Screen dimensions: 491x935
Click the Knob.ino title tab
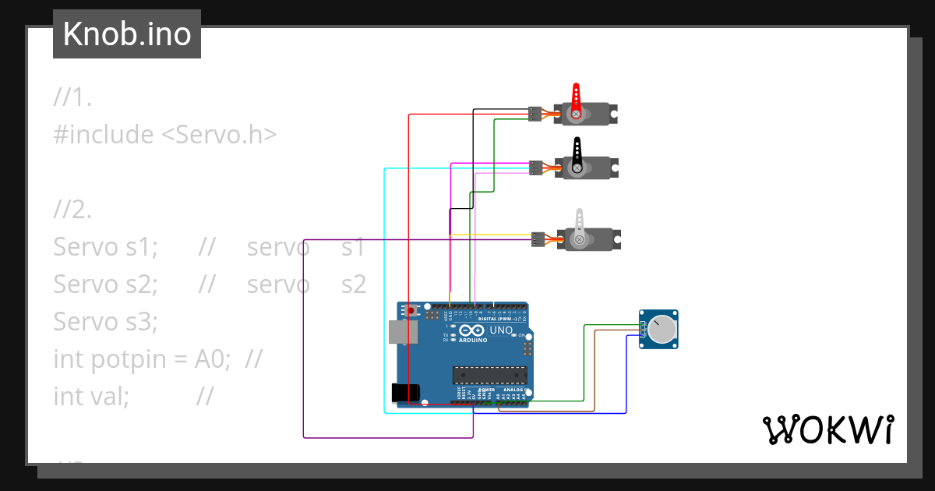click(x=127, y=34)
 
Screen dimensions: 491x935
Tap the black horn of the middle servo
click(x=577, y=150)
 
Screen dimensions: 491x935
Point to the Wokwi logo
click(x=827, y=429)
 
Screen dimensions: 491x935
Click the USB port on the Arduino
click(x=403, y=331)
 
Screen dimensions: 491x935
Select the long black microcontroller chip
click(x=490, y=375)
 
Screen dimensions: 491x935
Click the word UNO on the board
click(x=500, y=330)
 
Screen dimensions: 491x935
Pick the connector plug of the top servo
click(x=535, y=114)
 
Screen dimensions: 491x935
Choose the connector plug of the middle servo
click(x=535, y=168)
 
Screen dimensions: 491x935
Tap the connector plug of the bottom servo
click(x=538, y=239)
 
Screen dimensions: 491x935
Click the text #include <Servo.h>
click(x=165, y=135)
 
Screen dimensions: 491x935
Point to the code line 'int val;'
click(x=91, y=396)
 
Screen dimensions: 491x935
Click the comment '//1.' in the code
click(x=73, y=97)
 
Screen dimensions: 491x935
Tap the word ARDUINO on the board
click(x=473, y=340)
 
